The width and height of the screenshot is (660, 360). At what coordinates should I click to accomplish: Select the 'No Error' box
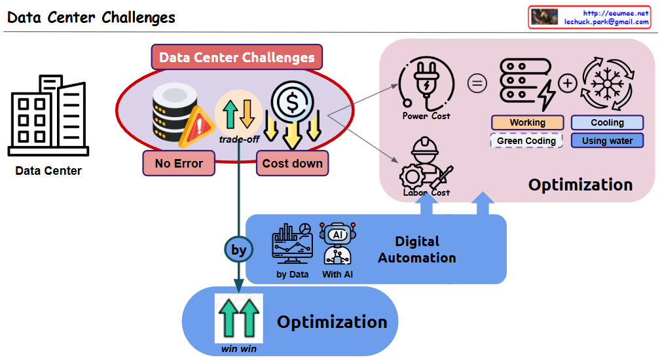tap(179, 163)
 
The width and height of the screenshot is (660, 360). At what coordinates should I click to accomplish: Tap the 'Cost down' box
tap(293, 163)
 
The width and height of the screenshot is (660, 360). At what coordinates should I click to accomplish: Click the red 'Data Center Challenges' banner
tap(236, 58)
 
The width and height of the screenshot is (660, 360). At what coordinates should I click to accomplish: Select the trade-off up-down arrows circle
tap(238, 113)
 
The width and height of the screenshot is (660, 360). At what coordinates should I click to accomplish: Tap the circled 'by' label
tap(239, 250)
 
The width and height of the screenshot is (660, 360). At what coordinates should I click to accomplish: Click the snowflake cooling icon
tap(607, 84)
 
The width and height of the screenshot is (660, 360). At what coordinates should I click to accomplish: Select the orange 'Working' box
tap(527, 122)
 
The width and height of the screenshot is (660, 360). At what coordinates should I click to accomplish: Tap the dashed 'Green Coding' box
tap(526, 141)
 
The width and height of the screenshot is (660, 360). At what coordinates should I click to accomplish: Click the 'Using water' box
tap(608, 141)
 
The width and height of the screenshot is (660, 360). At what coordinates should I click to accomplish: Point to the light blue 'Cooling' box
tap(608, 122)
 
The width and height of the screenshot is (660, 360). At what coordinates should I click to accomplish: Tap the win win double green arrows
tap(238, 317)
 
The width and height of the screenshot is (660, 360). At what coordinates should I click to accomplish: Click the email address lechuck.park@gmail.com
tap(606, 22)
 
